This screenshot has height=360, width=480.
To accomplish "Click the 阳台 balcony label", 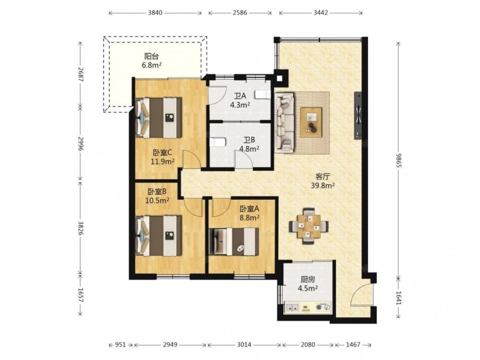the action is (152, 56).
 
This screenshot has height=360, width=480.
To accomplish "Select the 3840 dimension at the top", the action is (155, 13).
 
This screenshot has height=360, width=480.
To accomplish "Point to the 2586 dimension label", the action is (240, 13).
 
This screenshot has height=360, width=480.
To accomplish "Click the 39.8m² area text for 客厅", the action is (323, 185).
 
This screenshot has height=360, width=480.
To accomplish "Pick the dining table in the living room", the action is (309, 226).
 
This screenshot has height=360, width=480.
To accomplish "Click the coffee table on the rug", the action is (311, 122).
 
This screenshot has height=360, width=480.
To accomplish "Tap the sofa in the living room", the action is (285, 122).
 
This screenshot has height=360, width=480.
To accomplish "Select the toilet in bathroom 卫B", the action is (218, 143).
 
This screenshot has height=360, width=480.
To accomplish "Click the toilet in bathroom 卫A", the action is (263, 95).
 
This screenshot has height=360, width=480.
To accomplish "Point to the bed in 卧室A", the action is (234, 241).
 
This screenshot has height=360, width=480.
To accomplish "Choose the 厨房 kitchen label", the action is (308, 279).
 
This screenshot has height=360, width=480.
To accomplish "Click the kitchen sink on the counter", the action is (292, 308).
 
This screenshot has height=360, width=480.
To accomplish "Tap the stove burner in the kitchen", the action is (323, 307).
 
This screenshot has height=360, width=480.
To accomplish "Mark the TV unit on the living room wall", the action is (358, 115).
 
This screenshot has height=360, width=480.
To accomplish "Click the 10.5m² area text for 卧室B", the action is (157, 201).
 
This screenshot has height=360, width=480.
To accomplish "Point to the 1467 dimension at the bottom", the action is (353, 345).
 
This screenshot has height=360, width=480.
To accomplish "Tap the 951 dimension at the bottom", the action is (120, 345).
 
